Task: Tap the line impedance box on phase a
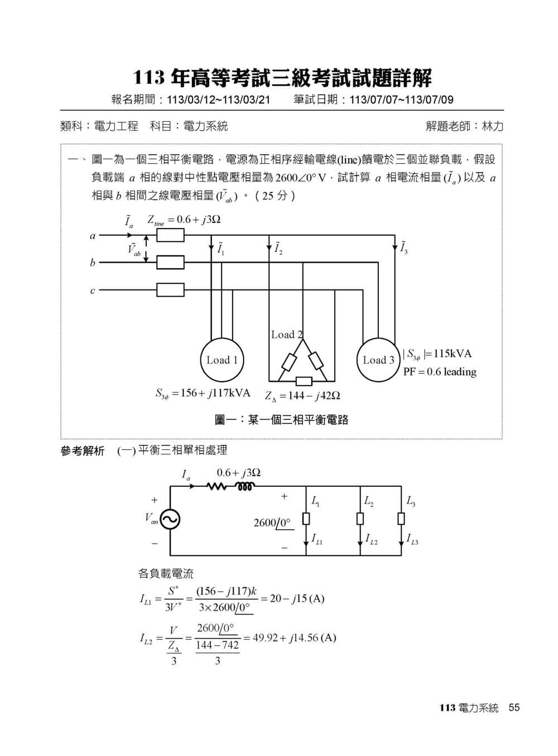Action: point(170,235)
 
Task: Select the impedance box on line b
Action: point(170,263)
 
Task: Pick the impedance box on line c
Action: point(170,290)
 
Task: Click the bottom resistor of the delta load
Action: point(304,381)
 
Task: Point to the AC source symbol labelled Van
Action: point(170,520)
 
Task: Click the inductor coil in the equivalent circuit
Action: point(245,487)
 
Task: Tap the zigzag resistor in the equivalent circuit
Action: point(216,487)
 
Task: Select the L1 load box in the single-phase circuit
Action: point(306,519)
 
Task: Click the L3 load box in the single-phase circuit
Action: point(401,519)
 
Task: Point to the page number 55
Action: point(514,707)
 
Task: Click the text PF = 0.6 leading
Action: point(440,372)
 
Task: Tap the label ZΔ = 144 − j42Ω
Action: point(302,396)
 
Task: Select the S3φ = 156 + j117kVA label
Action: point(203,393)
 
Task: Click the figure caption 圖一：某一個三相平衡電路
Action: point(282,420)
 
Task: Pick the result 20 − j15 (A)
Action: point(297,598)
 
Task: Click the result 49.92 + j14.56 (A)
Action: point(294,638)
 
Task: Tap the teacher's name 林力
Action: point(493,126)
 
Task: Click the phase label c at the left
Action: point(93,291)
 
